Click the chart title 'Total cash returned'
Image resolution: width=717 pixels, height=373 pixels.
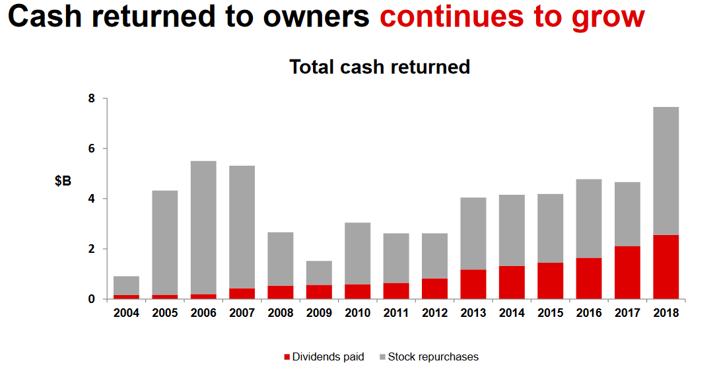380,67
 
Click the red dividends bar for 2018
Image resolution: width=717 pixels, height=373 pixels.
666,267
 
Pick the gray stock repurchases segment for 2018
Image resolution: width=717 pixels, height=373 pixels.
666,171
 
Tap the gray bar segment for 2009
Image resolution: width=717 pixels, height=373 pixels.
319,273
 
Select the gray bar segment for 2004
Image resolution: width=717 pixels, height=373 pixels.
126,285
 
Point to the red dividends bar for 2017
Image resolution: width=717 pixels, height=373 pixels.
627,273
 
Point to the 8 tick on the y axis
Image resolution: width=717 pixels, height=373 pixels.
92,99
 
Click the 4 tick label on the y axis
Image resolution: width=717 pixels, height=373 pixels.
92,199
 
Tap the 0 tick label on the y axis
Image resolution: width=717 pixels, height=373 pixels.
92,299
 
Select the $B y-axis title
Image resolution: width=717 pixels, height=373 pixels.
63,181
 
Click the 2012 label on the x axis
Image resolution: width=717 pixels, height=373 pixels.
434,313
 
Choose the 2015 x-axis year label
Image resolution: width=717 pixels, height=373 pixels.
550,313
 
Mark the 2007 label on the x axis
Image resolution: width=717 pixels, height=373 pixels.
242,313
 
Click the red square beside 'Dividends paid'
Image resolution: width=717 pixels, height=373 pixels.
287,357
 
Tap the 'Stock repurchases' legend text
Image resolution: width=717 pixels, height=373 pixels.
433,357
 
